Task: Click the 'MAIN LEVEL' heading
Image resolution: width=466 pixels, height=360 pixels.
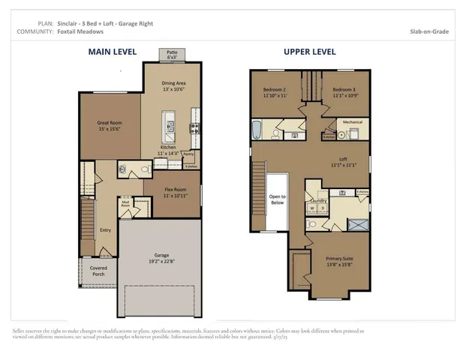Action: [112, 52]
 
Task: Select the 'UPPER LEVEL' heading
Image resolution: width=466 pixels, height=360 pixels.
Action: [309, 52]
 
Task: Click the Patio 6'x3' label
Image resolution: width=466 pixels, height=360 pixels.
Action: [171, 55]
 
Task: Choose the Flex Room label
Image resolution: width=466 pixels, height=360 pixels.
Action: [175, 193]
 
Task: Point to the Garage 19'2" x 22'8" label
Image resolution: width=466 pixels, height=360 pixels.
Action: [157, 258]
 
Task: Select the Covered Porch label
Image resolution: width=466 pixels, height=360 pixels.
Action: [99, 271]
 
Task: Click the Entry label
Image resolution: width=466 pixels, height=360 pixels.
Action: [105, 230]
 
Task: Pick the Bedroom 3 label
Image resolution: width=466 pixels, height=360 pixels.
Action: [346, 91]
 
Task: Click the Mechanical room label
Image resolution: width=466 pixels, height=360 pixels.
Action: [353, 121]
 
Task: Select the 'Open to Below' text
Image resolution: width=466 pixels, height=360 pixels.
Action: [277, 200]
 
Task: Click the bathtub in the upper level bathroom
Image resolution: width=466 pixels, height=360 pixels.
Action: [256, 131]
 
